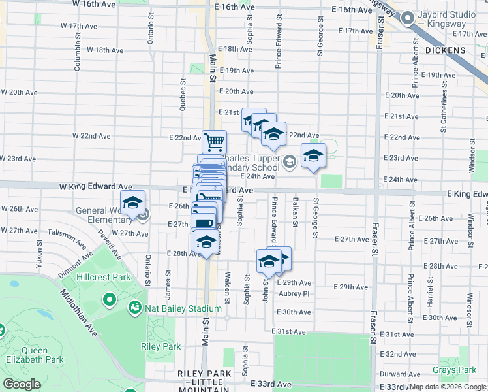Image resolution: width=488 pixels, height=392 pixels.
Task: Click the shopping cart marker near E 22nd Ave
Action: [x=214, y=141]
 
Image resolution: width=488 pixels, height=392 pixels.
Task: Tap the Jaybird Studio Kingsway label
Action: [x=449, y=19]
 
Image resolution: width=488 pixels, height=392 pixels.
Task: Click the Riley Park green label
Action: [x=161, y=346]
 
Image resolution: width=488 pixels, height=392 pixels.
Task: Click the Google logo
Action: [x=22, y=384]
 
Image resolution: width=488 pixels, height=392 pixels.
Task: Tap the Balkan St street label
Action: [x=296, y=212]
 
